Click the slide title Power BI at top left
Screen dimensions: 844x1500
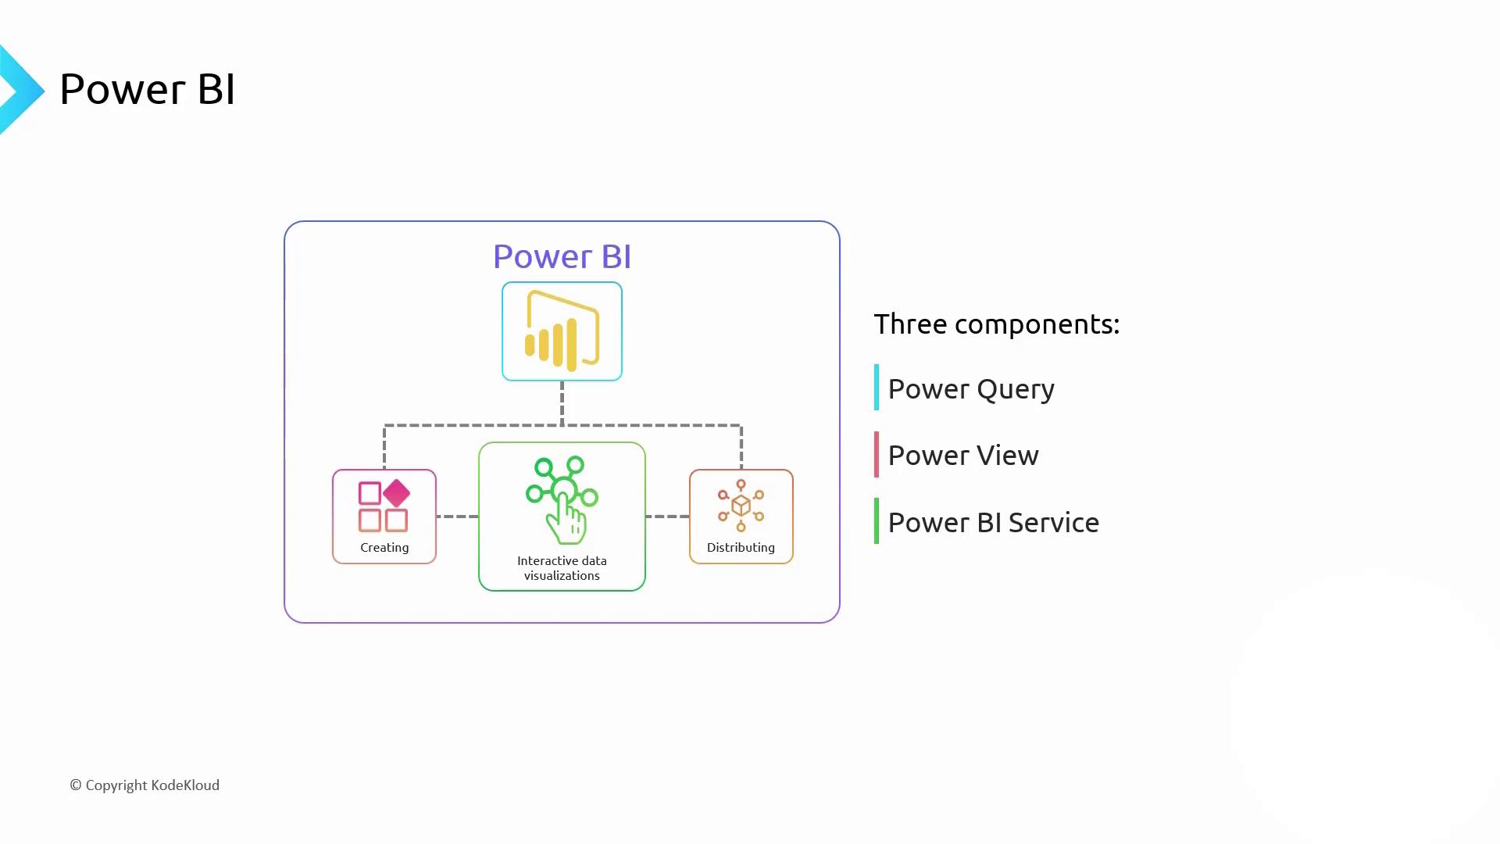pos(147,89)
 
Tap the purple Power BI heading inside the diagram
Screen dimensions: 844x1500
pos(562,256)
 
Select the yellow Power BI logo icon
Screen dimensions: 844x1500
pos(562,331)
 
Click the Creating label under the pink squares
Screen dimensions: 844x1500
pos(384,548)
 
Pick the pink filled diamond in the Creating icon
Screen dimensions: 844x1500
pos(397,493)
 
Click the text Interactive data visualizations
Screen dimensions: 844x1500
pos(562,568)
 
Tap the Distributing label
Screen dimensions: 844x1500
pos(741,548)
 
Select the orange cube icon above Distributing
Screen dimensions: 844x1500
pos(741,506)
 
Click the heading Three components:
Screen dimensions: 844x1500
pos(996,324)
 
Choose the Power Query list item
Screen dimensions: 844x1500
pos(971,389)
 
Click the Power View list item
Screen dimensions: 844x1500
pos(963,456)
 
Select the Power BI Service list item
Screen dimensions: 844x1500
pos(993,523)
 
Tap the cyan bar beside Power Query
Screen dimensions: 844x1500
pos(877,387)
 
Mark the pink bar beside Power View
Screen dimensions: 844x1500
pos(877,454)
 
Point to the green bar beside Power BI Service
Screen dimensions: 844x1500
pos(877,520)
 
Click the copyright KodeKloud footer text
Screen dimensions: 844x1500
pos(145,785)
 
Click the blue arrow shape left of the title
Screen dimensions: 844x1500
pos(20,90)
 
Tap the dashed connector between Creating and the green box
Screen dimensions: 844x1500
pos(457,517)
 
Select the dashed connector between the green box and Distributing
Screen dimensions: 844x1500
pos(667,517)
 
